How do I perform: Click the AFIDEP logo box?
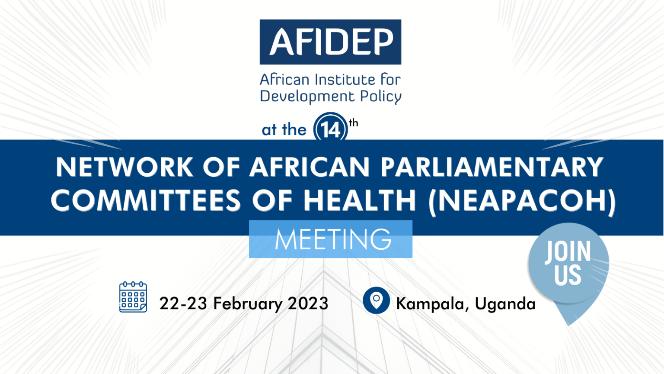point(330,42)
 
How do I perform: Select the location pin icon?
point(376,300)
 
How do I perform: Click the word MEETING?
point(333,239)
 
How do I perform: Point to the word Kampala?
point(430,304)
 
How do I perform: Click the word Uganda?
point(505,304)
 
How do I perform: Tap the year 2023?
point(308,303)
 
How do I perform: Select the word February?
point(248,303)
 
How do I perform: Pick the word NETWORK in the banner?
point(124,167)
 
